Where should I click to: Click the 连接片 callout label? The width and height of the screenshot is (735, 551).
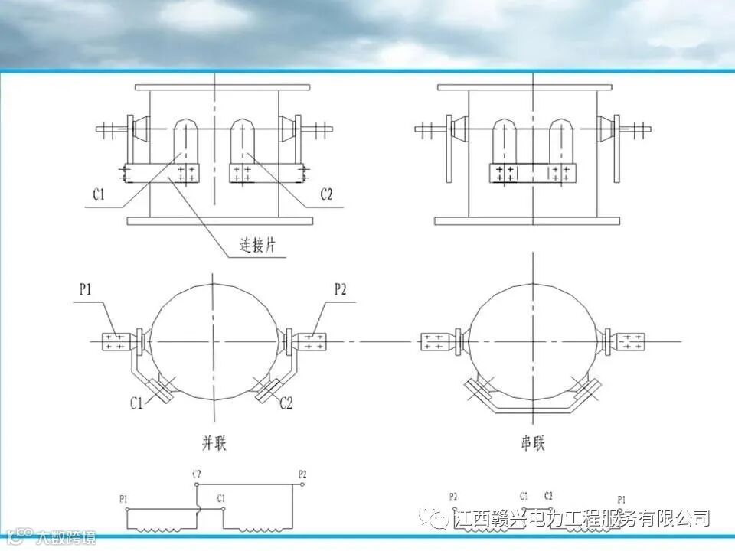click(256, 246)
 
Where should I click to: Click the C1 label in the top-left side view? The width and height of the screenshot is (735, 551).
click(99, 195)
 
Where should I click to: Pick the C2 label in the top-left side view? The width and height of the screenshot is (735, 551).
click(326, 195)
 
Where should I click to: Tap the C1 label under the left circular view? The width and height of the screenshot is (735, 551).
click(136, 403)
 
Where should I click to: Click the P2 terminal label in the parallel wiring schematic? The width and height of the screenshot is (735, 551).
click(302, 475)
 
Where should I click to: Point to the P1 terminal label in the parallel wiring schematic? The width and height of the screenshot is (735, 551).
click(124, 498)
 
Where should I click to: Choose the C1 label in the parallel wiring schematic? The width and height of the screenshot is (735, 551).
click(220, 498)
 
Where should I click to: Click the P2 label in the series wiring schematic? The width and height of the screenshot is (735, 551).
click(453, 496)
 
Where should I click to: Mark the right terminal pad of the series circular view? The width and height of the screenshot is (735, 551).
click(632, 341)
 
